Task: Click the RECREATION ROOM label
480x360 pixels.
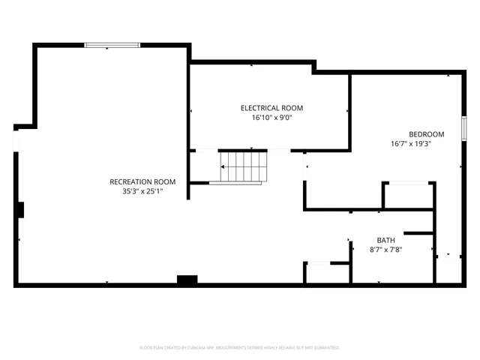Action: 142,181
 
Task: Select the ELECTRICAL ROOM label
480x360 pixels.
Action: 271,108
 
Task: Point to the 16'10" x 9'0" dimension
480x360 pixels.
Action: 271,118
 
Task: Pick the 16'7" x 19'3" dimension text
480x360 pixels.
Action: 411,143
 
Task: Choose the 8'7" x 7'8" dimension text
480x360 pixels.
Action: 386,250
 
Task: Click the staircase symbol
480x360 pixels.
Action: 242,166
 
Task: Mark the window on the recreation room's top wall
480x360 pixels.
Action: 112,45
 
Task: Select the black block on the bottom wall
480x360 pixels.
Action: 187,280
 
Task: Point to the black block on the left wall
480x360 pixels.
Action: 20,209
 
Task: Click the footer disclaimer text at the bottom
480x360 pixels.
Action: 240,347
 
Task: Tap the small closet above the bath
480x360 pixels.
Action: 408,195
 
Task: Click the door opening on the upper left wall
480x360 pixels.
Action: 15,139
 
